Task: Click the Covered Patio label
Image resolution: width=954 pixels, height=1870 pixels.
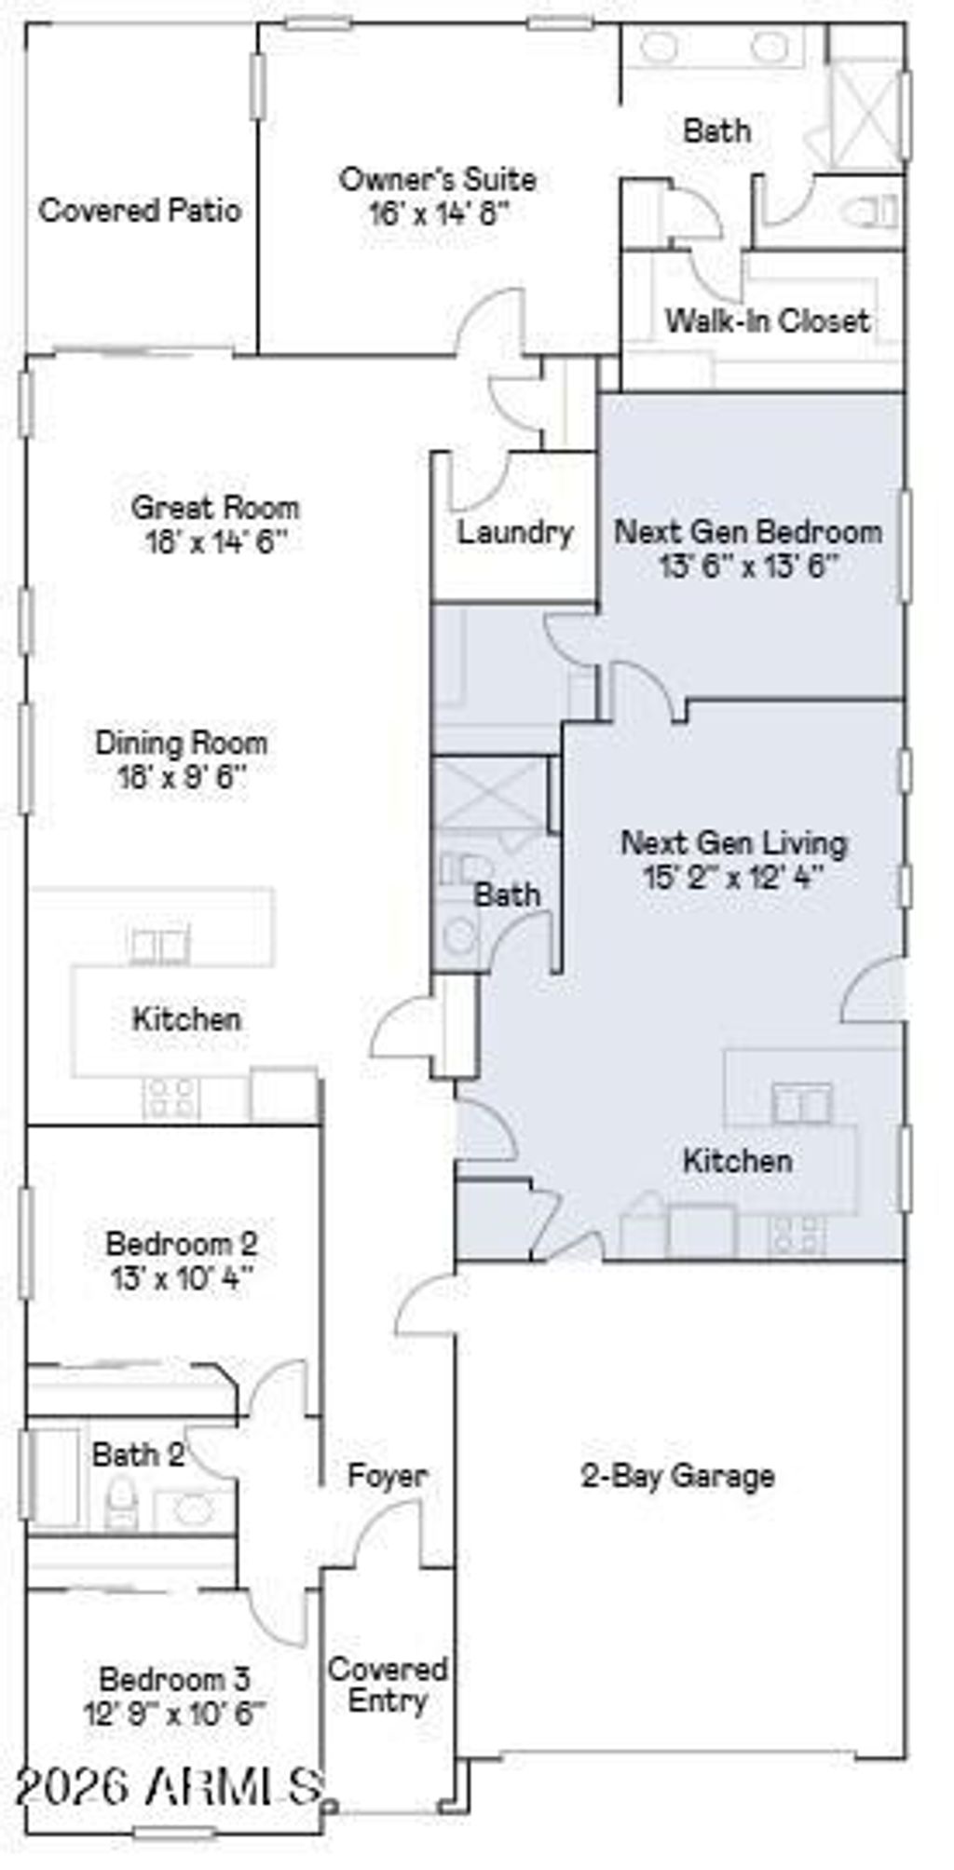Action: click(x=140, y=211)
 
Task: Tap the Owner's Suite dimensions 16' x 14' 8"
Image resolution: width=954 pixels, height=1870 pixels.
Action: click(x=439, y=214)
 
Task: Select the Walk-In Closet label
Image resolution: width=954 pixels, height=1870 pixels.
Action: click(x=767, y=321)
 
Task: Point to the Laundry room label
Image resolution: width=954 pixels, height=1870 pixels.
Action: click(x=514, y=533)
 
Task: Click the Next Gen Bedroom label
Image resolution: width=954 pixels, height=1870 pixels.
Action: click(x=748, y=532)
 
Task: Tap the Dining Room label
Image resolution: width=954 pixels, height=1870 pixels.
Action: click(x=182, y=743)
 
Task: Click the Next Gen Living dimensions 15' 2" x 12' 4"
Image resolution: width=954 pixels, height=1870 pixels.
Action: click(x=734, y=877)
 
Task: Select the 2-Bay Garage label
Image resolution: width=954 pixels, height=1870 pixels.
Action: click(x=678, y=1476)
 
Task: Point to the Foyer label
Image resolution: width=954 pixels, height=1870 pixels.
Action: click(x=388, y=1476)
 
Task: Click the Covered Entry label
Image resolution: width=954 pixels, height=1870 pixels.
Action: click(x=388, y=1685)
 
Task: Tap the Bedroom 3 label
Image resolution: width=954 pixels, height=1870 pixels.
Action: click(x=175, y=1679)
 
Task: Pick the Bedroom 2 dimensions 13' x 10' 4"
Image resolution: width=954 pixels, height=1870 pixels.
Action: click(x=182, y=1276)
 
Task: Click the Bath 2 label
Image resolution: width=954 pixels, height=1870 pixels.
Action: click(x=137, y=1454)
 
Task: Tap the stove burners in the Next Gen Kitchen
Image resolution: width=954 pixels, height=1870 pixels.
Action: click(x=797, y=1235)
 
